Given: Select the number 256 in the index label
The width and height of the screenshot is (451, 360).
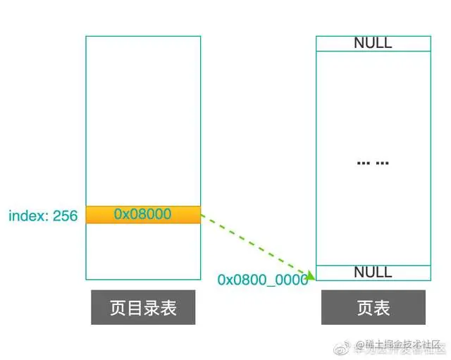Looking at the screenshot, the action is (65, 216).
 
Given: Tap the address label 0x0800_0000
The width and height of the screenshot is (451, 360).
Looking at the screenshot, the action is (262, 280).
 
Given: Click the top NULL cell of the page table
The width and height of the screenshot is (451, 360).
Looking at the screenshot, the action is (373, 43).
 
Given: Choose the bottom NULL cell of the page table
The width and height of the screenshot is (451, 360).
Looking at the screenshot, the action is (373, 272).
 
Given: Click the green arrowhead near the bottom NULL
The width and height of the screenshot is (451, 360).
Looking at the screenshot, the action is (309, 273).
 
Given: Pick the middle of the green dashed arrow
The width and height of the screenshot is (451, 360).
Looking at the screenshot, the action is (255, 243).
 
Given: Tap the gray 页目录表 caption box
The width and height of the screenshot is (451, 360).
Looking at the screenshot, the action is (143, 308).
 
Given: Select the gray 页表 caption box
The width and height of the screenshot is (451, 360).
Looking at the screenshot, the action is (373, 308).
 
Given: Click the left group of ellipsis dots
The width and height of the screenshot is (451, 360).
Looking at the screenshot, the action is (364, 163).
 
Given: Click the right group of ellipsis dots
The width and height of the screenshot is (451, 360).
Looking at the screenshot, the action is (382, 163).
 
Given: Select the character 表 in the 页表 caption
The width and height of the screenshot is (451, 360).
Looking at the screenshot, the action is (382, 308).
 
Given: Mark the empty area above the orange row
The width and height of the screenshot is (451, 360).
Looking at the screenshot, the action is (143, 120).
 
